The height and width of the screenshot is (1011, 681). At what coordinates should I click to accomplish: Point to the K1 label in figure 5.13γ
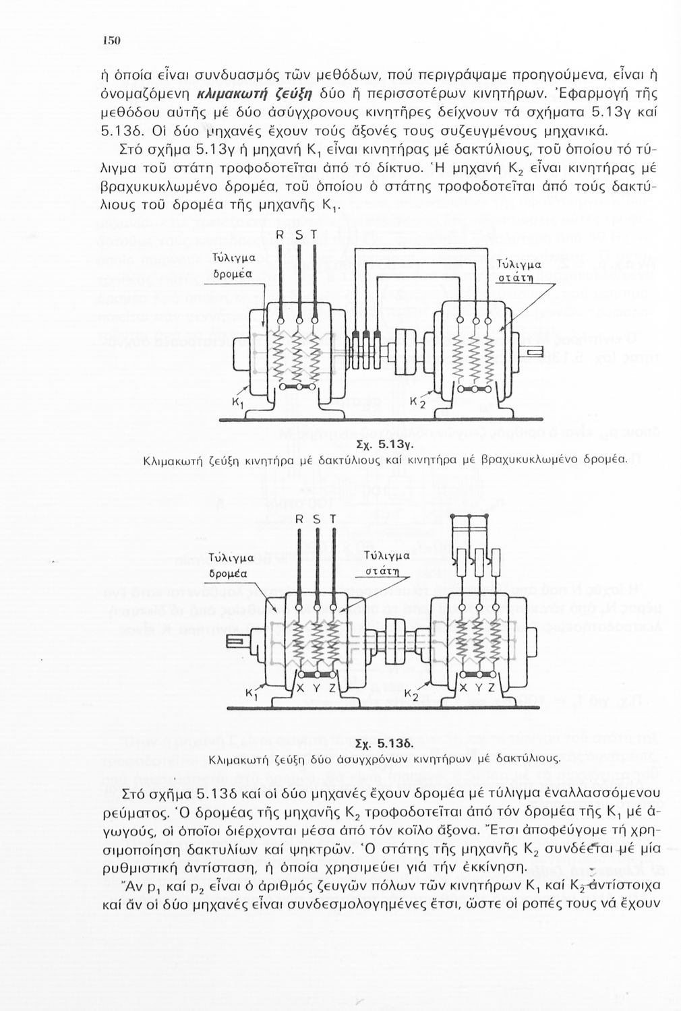(x=237, y=403)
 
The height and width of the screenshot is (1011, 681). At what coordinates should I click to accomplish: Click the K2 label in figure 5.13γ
(x=418, y=403)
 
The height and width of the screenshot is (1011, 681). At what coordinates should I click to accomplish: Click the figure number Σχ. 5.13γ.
(x=384, y=445)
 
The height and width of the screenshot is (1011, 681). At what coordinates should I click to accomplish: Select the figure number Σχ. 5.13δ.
(x=383, y=744)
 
